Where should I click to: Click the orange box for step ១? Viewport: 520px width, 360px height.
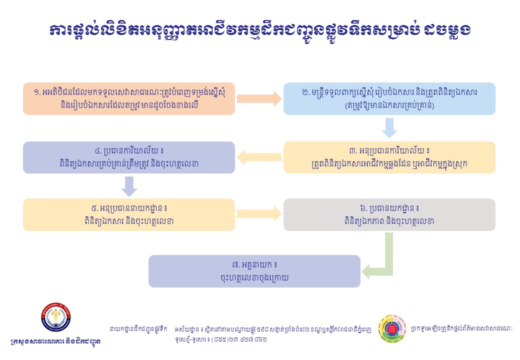(x=129, y=99)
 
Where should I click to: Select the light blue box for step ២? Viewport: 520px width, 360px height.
(x=389, y=99)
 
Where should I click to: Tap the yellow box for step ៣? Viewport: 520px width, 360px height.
(x=389, y=157)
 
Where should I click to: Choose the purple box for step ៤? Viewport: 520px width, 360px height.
(x=129, y=157)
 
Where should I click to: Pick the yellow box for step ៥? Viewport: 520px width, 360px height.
(x=129, y=215)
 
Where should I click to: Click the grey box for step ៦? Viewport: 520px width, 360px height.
(x=389, y=215)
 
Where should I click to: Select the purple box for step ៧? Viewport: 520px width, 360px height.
(x=254, y=271)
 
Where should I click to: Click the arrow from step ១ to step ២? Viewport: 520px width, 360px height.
(x=259, y=99)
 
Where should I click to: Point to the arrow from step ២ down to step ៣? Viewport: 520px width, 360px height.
(x=389, y=128)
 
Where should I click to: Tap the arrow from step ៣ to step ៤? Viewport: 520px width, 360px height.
(x=259, y=157)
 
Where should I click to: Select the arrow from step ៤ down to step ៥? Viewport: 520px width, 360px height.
(x=129, y=186)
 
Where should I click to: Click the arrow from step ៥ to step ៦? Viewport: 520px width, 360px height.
(x=259, y=214)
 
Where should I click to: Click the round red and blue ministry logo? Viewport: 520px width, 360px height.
(x=55, y=317)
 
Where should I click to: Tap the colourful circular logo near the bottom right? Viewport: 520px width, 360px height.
(x=392, y=329)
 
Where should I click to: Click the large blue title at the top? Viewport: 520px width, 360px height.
(x=260, y=30)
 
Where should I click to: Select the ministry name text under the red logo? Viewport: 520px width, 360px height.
(x=55, y=341)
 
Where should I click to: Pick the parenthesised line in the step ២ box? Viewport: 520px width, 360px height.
(x=389, y=105)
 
